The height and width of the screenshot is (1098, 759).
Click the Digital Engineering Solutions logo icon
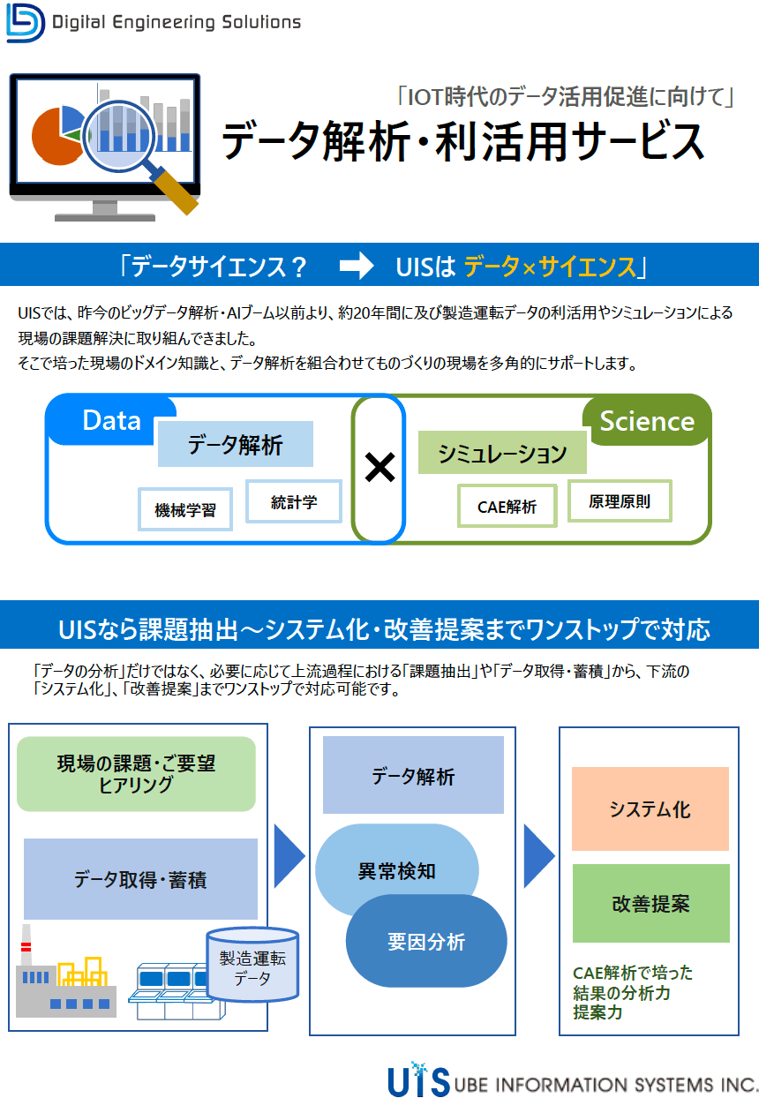coord(25,22)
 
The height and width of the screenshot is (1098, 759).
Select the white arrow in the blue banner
coord(357,266)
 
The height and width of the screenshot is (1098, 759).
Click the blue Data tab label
coord(112,420)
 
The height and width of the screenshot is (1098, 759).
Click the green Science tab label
coord(647,421)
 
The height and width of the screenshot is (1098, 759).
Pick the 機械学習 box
coord(185,509)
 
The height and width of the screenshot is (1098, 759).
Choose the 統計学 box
coord(294,501)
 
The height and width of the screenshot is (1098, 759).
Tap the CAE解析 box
coord(507,507)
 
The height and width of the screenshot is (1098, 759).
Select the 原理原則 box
coord(620,500)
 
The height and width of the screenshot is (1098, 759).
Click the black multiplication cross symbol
coord(379,468)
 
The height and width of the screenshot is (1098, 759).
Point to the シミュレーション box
coord(502,454)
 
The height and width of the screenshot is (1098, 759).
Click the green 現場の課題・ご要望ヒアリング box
coord(136,774)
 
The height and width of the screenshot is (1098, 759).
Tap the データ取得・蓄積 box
coord(140,879)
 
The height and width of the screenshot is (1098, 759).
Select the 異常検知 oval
coord(396,870)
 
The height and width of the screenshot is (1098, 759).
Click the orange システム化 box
coord(650,809)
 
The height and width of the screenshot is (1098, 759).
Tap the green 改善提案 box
coord(650,903)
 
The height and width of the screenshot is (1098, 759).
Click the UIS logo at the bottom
coord(418,1080)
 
